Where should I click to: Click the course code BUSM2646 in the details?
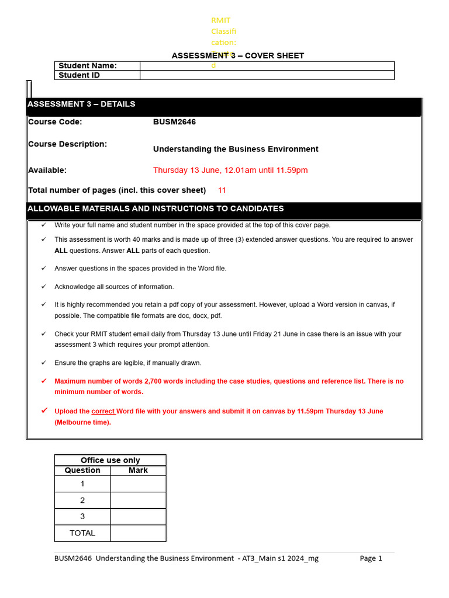pos(174,122)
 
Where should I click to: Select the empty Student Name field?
pos(267,66)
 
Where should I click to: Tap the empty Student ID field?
pos(267,75)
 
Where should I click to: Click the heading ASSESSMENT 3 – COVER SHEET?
pos(237,56)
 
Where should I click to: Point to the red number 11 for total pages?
pos(222,190)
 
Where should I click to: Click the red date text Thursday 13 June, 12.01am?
pos(230,171)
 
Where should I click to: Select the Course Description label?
pos(67,144)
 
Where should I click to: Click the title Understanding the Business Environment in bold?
pos(236,149)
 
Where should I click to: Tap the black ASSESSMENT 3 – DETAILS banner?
pos(223,105)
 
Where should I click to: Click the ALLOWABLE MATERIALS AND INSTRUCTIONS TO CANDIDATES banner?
pos(223,209)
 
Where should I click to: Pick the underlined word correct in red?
pos(103,411)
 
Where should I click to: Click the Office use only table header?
pos(110,460)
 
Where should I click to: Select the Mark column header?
pos(138,470)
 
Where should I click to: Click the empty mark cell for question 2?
pos(138,500)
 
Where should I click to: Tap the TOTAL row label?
pos(82,533)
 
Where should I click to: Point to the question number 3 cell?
pos(82,517)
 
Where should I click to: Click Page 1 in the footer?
pos(371,558)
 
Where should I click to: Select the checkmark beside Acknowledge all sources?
pos(43,287)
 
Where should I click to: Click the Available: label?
pos(47,171)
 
